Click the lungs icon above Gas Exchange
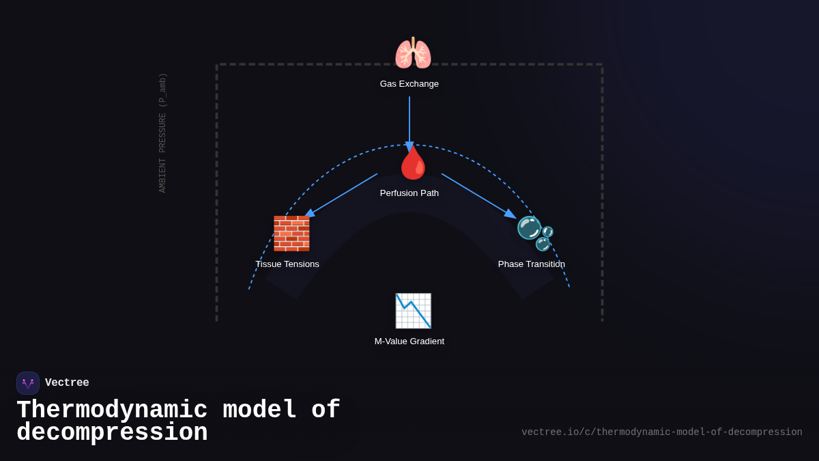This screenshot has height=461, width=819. [x=413, y=53]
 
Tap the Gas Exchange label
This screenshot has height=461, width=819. [x=409, y=84]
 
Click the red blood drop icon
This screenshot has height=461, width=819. [x=413, y=164]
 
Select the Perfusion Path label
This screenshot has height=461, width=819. [x=409, y=193]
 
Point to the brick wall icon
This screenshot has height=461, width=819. [x=291, y=234]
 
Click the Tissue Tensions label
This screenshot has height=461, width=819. [x=287, y=264]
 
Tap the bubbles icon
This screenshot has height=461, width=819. [x=534, y=233]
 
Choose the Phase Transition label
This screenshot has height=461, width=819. [x=532, y=264]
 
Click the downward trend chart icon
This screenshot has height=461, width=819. [x=413, y=311]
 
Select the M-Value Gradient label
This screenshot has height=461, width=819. [x=409, y=341]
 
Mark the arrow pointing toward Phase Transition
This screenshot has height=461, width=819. [x=477, y=195]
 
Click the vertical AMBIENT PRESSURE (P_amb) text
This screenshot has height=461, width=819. [x=163, y=132]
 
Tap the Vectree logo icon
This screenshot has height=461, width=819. [x=28, y=383]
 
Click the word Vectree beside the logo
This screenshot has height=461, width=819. [x=67, y=383]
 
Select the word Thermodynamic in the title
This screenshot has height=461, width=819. [x=112, y=410]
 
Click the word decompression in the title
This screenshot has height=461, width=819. [x=112, y=433]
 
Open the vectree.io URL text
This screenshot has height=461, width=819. [x=661, y=432]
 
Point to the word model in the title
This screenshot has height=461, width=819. [x=259, y=410]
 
